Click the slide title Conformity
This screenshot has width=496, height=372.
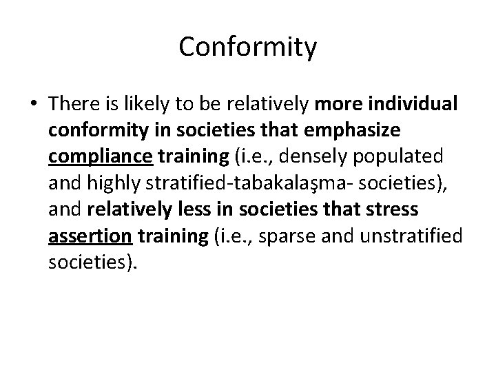pos(248,48)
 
